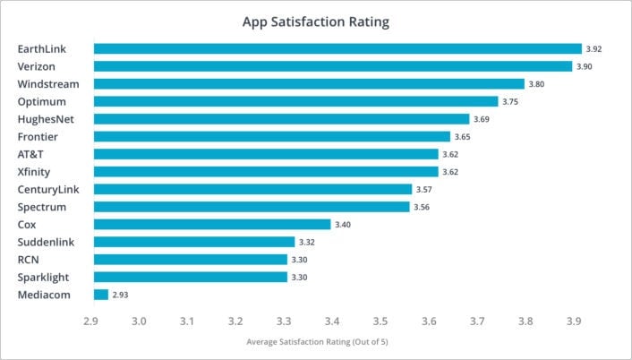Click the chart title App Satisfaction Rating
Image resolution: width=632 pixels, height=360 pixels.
point(315,22)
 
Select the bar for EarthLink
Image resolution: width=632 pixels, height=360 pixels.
point(337,48)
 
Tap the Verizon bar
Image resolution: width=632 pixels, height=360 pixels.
point(333,66)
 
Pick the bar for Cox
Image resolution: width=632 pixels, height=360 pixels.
point(212,224)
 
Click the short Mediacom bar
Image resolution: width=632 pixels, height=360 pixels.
point(101,294)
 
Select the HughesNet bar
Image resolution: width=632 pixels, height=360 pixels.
point(281,118)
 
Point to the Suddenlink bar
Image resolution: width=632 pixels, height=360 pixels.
point(194,242)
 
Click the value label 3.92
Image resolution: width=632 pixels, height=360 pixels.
point(594,49)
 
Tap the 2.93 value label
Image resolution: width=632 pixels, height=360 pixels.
point(122,295)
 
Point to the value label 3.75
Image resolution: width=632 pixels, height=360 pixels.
point(511,102)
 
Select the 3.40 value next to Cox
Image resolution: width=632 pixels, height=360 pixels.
point(343,225)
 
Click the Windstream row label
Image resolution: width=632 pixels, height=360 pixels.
point(48,84)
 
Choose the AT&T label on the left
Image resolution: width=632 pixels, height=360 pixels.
point(32,154)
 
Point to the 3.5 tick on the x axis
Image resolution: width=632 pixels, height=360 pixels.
point(380,321)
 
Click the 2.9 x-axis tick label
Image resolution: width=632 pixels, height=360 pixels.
point(90,321)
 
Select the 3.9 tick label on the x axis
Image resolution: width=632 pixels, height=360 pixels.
point(574,321)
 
